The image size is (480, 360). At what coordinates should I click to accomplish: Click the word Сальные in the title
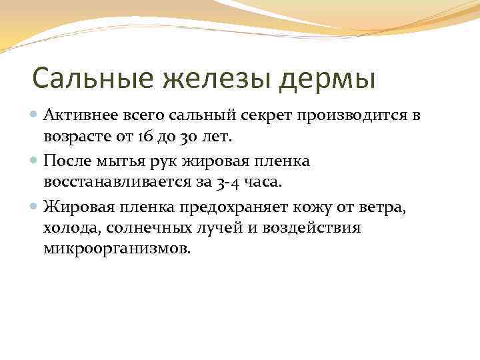85,78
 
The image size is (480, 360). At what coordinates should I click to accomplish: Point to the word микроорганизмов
117,249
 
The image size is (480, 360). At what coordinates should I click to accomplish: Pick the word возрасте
75,137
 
